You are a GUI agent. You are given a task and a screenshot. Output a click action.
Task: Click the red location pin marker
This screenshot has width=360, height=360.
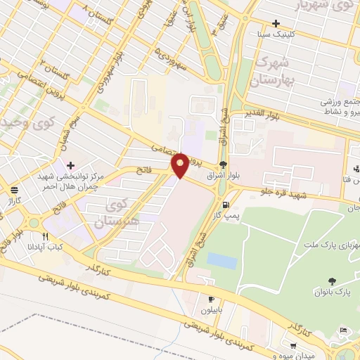(x=181, y=165)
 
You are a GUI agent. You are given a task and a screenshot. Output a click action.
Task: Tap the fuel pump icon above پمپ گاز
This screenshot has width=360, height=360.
(x=224, y=205)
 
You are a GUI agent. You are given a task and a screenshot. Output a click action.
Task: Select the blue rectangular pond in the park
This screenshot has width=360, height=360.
(x=222, y=261)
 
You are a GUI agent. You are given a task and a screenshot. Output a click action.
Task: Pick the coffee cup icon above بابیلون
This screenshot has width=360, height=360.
(x=210, y=299)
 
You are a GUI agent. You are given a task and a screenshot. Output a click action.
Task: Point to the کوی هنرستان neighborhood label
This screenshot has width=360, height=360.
(x=121, y=212)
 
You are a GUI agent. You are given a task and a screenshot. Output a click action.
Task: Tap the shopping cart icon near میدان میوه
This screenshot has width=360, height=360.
(x=343, y=330)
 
